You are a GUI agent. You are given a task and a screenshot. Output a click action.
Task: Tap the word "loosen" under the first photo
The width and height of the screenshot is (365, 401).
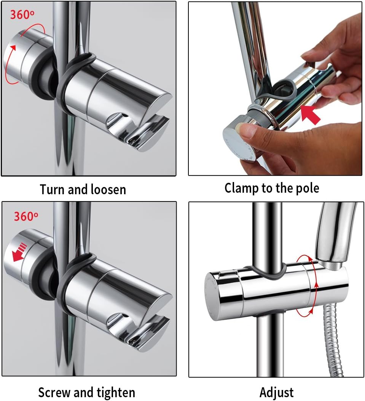(108, 190)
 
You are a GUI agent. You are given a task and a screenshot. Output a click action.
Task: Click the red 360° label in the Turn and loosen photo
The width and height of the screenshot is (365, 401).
(22, 14)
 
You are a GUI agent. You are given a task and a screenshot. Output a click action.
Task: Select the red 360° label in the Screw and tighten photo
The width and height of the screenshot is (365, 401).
(26, 216)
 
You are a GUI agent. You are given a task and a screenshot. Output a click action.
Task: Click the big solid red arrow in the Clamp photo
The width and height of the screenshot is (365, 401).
(310, 114)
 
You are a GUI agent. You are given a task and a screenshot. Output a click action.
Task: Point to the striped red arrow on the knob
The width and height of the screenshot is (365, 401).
(19, 252)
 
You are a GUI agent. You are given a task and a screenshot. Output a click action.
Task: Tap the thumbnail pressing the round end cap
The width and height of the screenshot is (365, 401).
(244, 129)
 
